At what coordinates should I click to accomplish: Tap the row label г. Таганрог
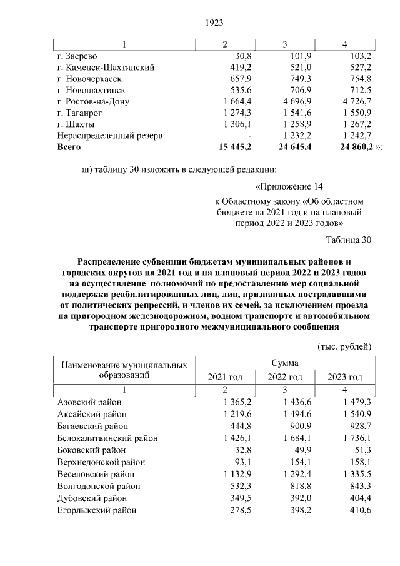click(x=81, y=113)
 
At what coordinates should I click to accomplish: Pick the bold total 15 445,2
click(x=231, y=147)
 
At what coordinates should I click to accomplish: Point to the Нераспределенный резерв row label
click(x=110, y=136)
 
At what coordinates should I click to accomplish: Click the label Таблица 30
click(x=349, y=240)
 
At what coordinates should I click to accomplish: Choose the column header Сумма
click(x=284, y=363)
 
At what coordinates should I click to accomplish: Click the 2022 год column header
click(x=285, y=377)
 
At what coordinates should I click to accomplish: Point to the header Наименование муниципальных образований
click(x=124, y=370)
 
